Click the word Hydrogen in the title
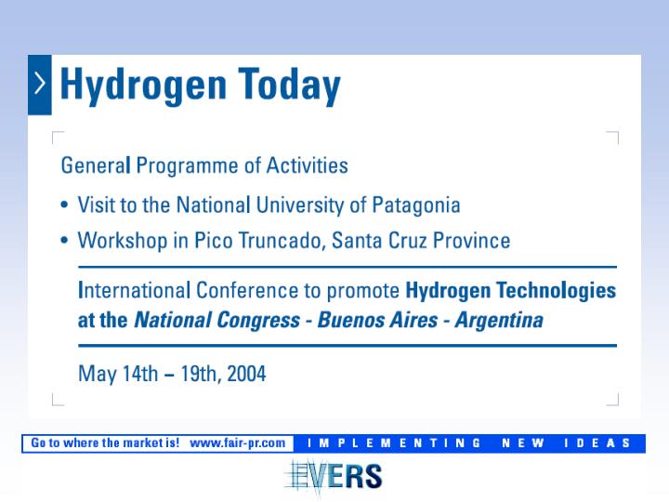tap(143, 86)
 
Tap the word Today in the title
tap(289, 86)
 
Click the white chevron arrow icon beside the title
tap(40, 84)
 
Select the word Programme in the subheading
tap(186, 166)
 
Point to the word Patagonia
tap(416, 205)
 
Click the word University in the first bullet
tap(300, 205)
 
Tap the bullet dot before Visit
tap(64, 205)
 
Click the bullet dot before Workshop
tap(64, 241)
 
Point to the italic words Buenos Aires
tap(377, 320)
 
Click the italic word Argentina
tap(499, 321)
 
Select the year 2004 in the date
tap(246, 374)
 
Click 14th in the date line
tap(140, 374)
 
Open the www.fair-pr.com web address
tap(238, 443)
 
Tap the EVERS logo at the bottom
tap(334, 476)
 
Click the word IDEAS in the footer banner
tap(597, 443)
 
